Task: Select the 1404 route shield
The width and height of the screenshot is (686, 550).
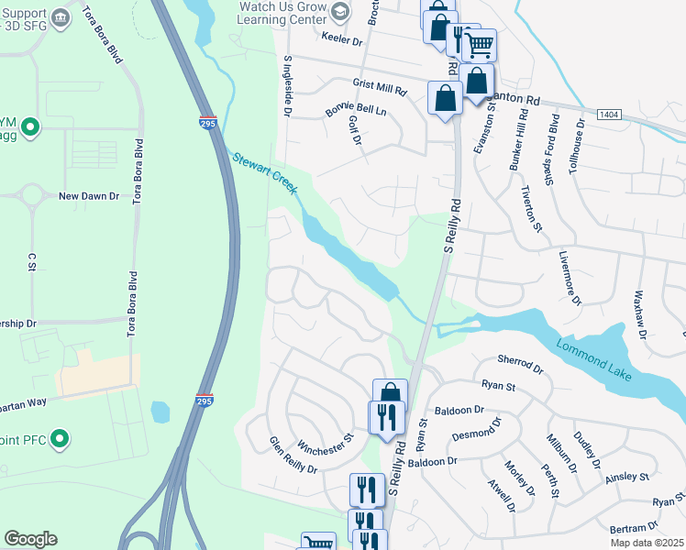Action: click(x=607, y=115)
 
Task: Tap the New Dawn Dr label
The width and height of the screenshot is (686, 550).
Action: click(x=89, y=196)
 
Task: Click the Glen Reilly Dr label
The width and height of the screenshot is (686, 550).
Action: click(x=293, y=456)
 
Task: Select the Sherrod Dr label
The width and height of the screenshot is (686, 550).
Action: click(x=520, y=364)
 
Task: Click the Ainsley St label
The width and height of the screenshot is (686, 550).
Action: click(x=626, y=477)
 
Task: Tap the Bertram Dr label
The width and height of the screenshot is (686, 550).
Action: click(x=633, y=528)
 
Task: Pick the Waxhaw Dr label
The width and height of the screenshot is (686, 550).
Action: click(x=639, y=313)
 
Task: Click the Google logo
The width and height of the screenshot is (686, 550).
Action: click(x=30, y=539)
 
